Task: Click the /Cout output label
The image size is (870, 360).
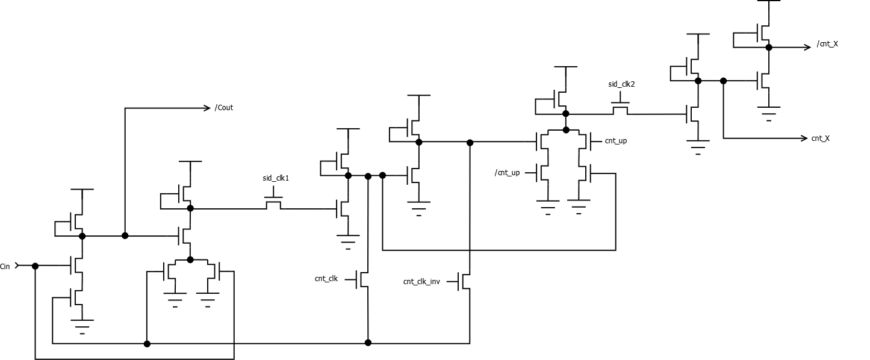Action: [x=224, y=108]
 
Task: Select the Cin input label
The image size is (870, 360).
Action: [x=5, y=265]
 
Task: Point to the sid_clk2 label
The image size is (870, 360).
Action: [x=621, y=84]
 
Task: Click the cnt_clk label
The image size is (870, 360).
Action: [x=326, y=279]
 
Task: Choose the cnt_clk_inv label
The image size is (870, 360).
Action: [x=421, y=281]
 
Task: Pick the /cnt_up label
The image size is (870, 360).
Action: [x=508, y=173]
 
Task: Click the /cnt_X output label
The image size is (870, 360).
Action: [x=827, y=44]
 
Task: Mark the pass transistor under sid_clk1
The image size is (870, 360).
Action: [x=274, y=205]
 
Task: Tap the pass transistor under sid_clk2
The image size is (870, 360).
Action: [x=621, y=110]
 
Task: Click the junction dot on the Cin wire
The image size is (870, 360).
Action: [x=36, y=265]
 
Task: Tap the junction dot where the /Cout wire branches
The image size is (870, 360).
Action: [x=125, y=235]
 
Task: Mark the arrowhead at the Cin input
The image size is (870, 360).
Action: [x=17, y=265]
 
